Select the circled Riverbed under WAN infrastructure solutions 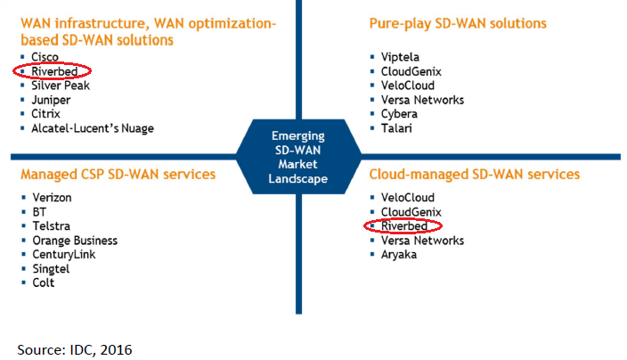(53, 71)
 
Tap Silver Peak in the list (61, 86)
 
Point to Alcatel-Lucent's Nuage (93, 128)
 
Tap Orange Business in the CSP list (74, 241)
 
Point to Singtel (49, 269)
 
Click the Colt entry (43, 283)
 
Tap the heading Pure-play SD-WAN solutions (457, 23)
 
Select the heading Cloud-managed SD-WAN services (473, 174)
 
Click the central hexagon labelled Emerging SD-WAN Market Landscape (298, 157)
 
